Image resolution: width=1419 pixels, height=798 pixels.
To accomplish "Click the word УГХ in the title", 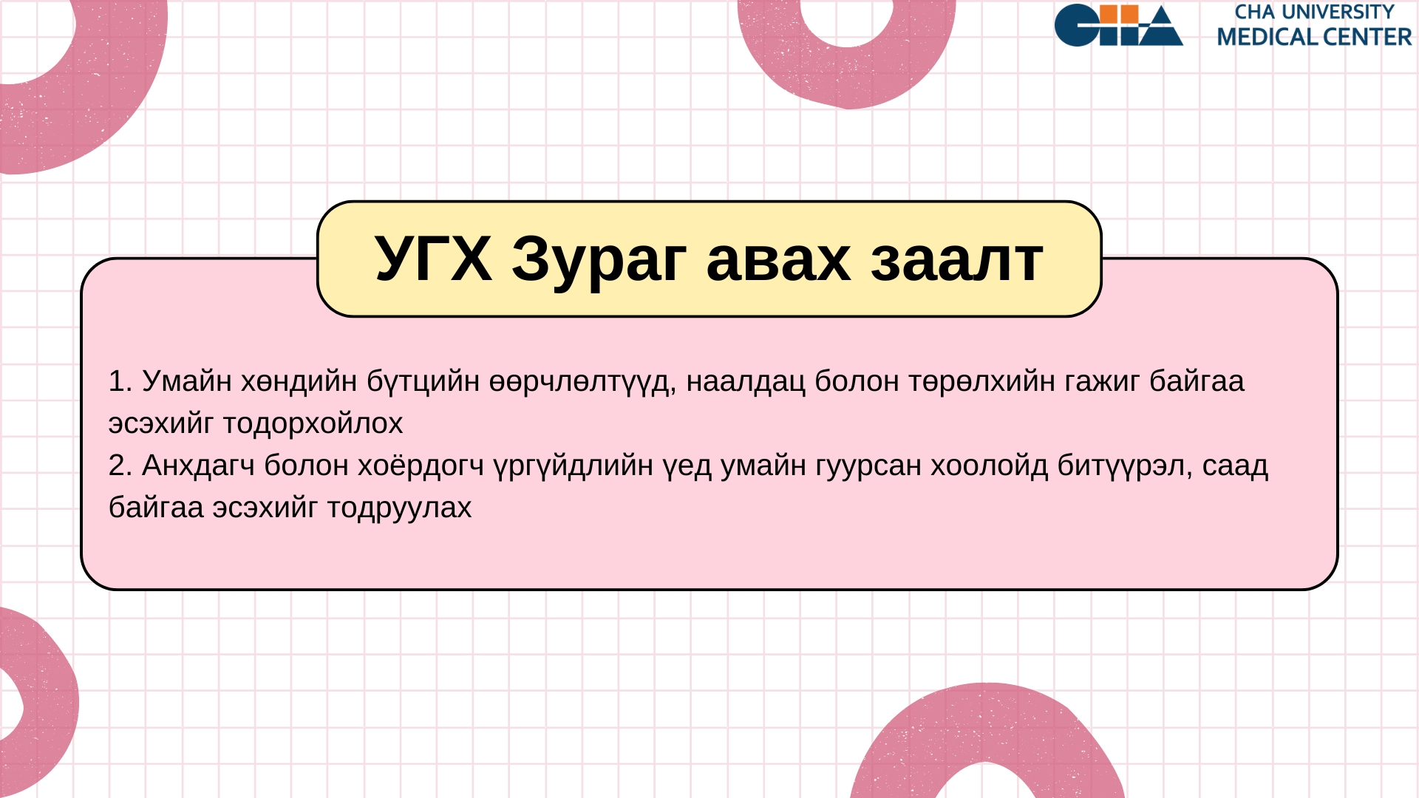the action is click(x=433, y=259).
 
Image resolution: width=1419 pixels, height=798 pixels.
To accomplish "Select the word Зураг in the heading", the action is click(x=599, y=262).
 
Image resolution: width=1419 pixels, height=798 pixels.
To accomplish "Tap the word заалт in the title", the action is click(x=957, y=262).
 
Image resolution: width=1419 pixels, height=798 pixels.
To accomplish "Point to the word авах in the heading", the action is click(x=779, y=262).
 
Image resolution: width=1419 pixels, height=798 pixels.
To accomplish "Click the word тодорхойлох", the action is click(x=313, y=424).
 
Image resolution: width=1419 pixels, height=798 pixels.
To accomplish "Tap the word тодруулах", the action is click(x=399, y=508).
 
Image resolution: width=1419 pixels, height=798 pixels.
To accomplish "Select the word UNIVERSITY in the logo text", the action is click(x=1337, y=13).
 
